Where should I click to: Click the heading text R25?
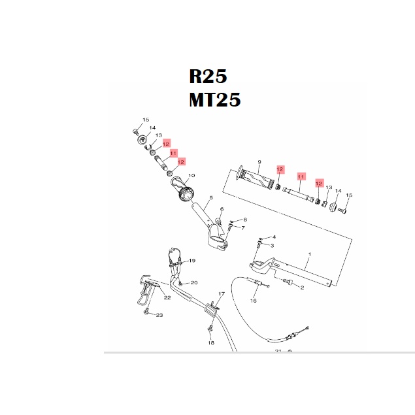pos(208,76)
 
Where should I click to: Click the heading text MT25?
pos(215,100)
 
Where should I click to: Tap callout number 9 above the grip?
pos(259,161)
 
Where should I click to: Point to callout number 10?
pos(191,176)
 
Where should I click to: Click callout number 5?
pos(211,197)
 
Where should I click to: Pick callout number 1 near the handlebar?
pos(310,253)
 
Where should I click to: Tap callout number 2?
pos(302,287)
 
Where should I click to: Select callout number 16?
pos(254,301)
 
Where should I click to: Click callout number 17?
pos(222,294)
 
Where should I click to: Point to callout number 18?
pos(210,342)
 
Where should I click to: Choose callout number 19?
pos(192,261)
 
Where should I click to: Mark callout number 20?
pos(194,282)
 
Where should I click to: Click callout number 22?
pos(167,298)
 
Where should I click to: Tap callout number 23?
pos(159,315)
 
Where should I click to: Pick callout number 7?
pos(242,228)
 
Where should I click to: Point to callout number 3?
pos(273,246)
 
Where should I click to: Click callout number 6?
pos(222,209)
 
